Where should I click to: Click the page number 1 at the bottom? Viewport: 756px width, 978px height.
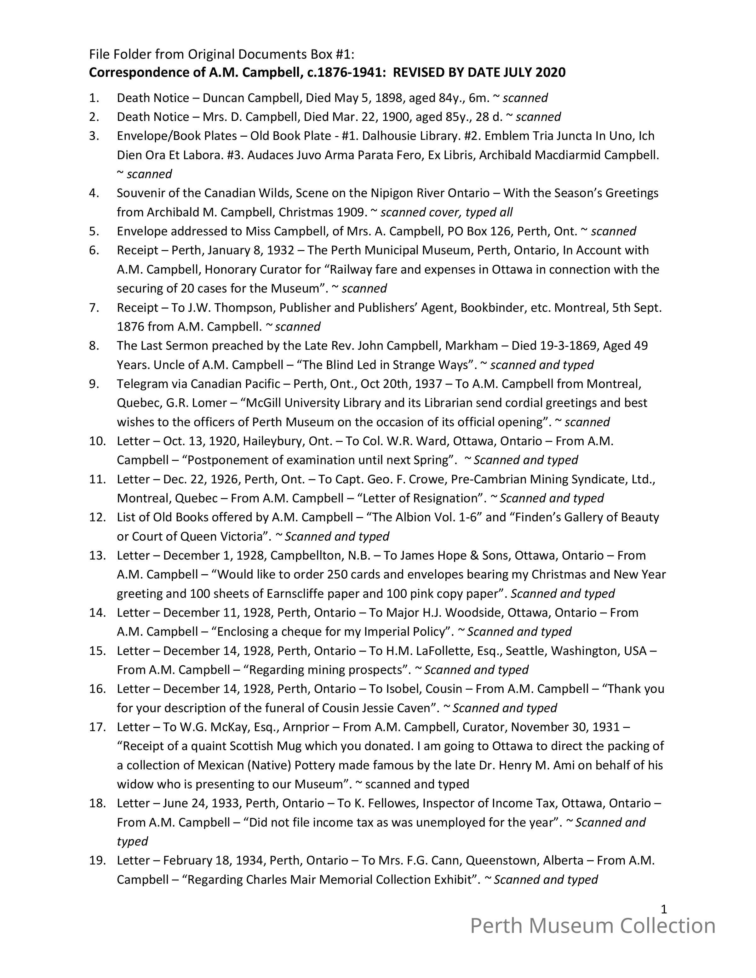pyautogui.click(x=664, y=909)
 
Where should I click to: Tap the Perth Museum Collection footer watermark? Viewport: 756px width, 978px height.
pyautogui.click(x=593, y=926)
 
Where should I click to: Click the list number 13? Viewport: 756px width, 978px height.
pyautogui.click(x=97, y=555)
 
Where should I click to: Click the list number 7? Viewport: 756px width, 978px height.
pyautogui.click(x=94, y=308)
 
